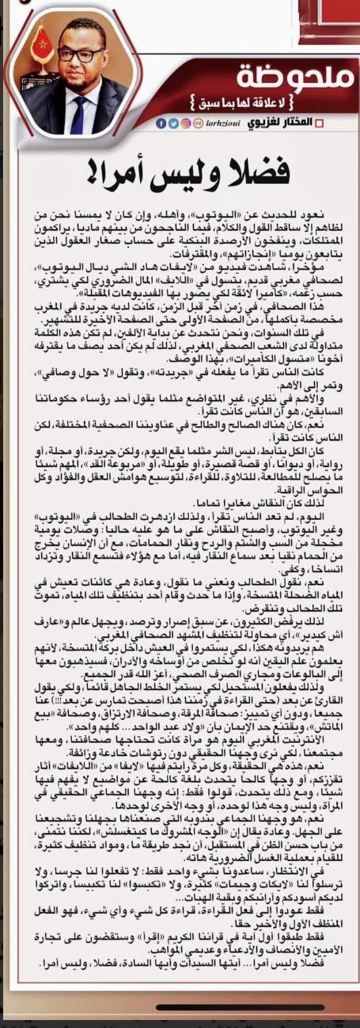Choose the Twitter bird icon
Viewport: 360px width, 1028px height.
pyautogui.click(x=172, y=123)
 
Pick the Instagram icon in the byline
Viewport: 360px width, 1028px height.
pyautogui.click(x=184, y=123)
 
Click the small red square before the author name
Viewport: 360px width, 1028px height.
pyautogui.click(x=320, y=124)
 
